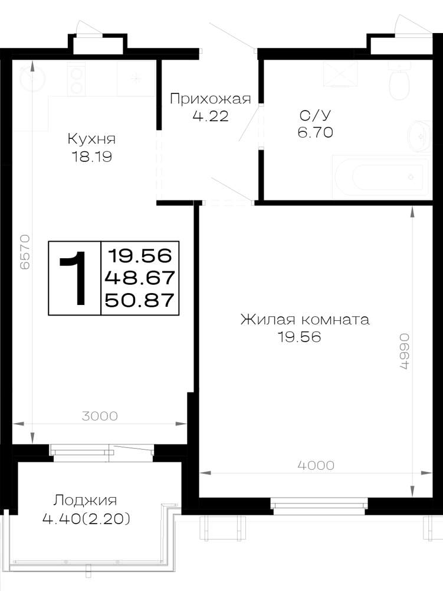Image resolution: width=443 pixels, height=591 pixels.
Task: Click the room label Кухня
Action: pos(91,139)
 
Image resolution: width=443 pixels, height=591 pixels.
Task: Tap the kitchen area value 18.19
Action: pos(91,157)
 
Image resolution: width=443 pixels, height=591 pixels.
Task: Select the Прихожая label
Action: pos(210,99)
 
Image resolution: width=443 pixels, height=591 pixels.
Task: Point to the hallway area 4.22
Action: pos(210,116)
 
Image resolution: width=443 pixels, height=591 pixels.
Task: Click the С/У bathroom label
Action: pos(315,115)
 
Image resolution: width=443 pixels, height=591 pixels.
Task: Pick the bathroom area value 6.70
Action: pos(315,132)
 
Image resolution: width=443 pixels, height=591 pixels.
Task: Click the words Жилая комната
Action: pos(305,320)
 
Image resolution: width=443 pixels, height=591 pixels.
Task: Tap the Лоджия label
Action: pos(85,501)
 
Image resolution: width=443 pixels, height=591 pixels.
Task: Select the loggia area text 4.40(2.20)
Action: pos(86,519)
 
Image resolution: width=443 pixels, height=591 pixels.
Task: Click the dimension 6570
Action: pos(24,252)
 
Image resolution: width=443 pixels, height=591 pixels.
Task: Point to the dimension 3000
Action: pos(100,416)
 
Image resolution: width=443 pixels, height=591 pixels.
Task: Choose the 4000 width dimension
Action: pos(316,466)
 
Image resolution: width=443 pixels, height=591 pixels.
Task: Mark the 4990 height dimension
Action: pos(403,351)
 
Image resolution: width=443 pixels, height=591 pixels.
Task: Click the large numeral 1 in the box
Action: pos(76,278)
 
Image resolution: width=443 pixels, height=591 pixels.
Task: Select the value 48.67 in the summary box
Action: pos(140,278)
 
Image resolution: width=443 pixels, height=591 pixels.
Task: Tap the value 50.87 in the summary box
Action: pos(140,300)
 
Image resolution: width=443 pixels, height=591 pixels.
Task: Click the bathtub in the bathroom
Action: pos(380,177)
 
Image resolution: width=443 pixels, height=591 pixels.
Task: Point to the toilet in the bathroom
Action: pos(399,80)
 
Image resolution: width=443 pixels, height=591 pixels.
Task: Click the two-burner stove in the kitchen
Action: pos(77,79)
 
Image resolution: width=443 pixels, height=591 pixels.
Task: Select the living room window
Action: pos(319,506)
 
